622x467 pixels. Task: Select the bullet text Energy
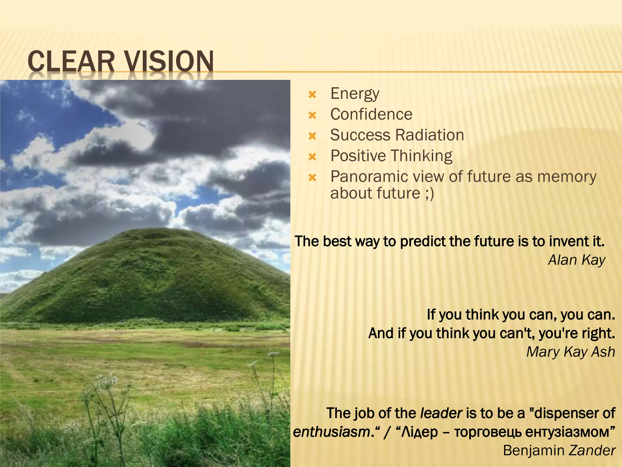coord(355,94)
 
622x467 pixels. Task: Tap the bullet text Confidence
coord(371,114)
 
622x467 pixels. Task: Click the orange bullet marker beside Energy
coord(312,95)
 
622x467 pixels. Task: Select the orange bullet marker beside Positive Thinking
coord(312,157)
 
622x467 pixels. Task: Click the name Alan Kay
coord(576,260)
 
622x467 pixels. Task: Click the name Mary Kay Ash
coord(570,352)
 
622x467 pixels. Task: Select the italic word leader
coord(441,413)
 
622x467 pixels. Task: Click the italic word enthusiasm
coord(331,432)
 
